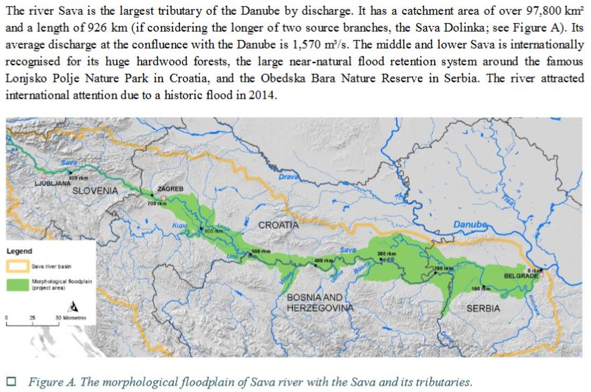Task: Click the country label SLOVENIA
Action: coord(95,191)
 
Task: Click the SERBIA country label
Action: coord(483,309)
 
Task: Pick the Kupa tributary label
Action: coord(178,226)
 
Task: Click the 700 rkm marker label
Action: coord(155,203)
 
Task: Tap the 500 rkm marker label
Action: coord(261,251)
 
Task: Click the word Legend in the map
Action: coord(19,251)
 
